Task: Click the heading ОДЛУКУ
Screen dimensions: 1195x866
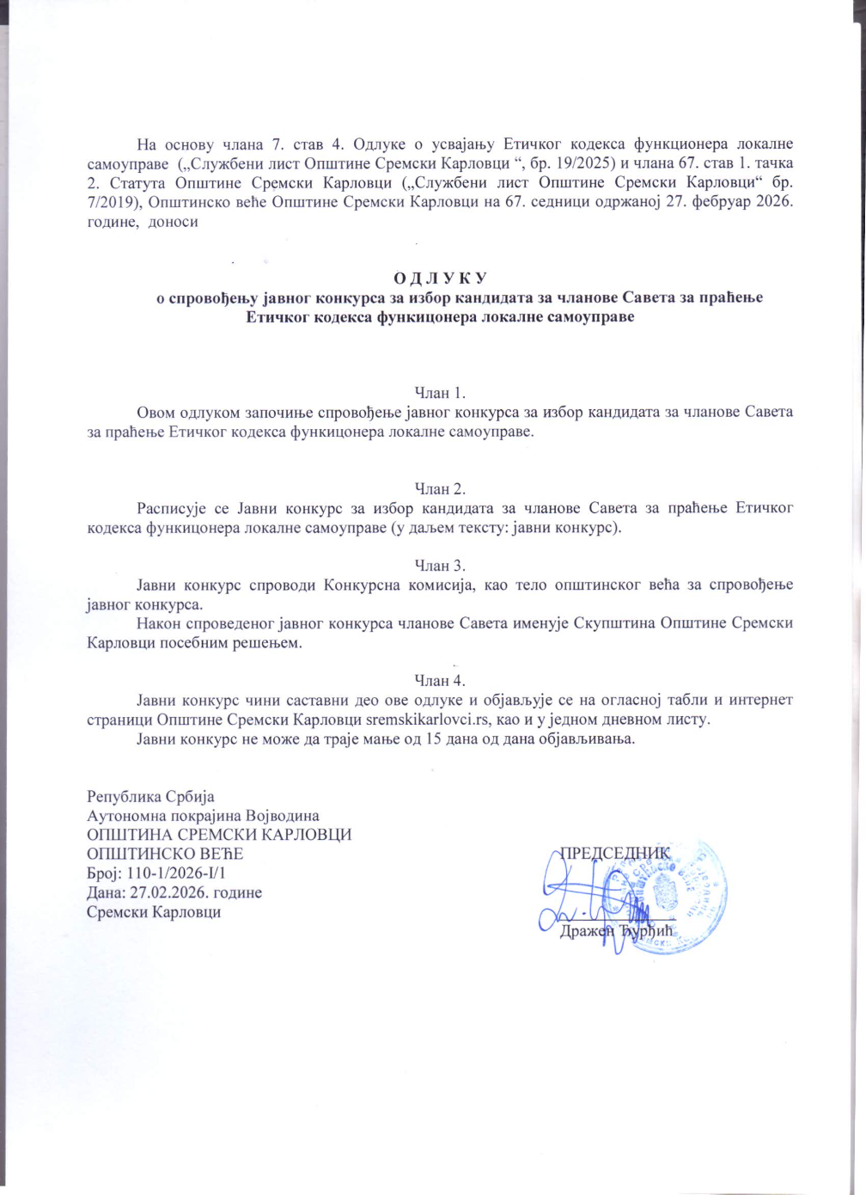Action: (x=440, y=278)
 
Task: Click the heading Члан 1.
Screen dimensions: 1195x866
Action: (x=440, y=393)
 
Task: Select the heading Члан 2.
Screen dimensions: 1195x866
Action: (x=440, y=488)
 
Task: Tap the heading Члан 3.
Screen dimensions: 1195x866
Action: (x=440, y=565)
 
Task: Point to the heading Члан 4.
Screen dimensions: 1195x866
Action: (x=440, y=681)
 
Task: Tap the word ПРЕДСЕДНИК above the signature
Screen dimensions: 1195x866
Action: (x=614, y=853)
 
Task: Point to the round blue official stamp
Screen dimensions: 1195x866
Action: (x=674, y=894)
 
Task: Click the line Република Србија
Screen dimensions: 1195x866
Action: (x=150, y=796)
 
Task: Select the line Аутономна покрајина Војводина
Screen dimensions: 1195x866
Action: (x=203, y=815)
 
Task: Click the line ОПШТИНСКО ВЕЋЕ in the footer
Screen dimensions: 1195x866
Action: (x=165, y=854)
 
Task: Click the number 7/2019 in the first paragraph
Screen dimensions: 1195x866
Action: (x=116, y=202)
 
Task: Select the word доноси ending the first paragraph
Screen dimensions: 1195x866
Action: (x=174, y=222)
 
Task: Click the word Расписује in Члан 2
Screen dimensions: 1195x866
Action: (x=172, y=508)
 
